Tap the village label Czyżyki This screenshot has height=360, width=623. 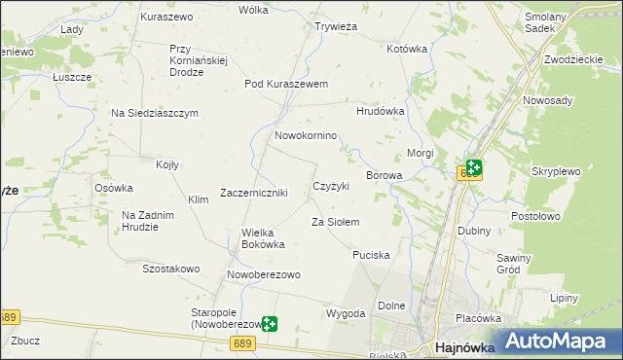pos(330,186)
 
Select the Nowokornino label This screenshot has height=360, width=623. pos(306,136)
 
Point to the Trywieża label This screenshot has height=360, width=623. pos(337,27)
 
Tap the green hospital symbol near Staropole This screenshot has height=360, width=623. pos(269,323)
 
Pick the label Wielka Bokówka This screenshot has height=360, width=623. pos(263,238)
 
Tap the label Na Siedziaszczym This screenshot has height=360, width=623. pos(155,113)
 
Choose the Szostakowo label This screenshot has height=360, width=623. pos(170,269)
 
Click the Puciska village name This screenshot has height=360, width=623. pos(372,255)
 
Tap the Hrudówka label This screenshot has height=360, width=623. pos(380,112)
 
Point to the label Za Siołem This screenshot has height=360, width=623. pos(336,223)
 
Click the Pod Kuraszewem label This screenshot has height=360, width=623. pos(286,84)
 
